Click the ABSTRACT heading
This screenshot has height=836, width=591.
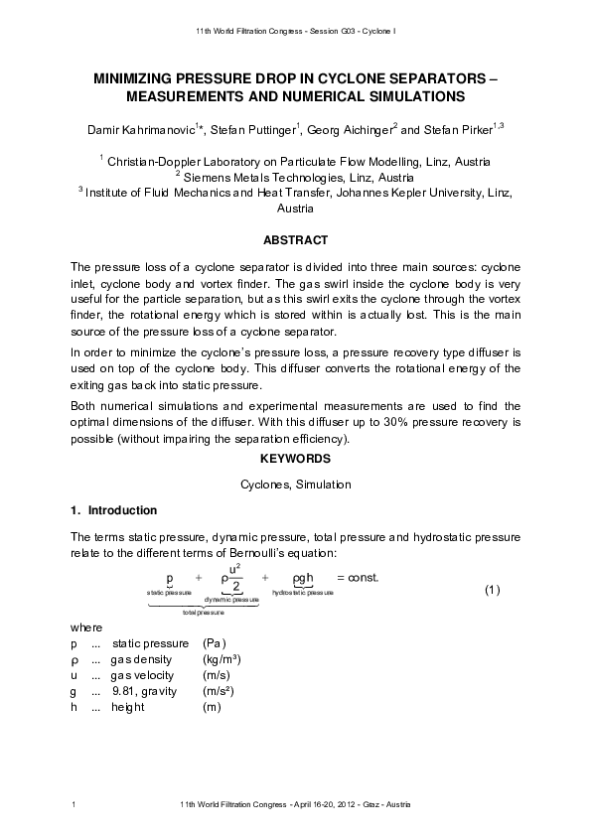[295, 240]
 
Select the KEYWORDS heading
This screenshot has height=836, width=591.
[295, 459]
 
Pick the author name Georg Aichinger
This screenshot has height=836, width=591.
[337, 129]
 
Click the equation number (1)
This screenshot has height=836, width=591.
[491, 590]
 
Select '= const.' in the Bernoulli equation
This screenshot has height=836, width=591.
[358, 577]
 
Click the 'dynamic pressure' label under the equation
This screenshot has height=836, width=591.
[231, 600]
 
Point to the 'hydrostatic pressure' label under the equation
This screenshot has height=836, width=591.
[302, 592]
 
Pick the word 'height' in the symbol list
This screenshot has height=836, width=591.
[128, 707]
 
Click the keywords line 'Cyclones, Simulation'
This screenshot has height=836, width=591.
[295, 485]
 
